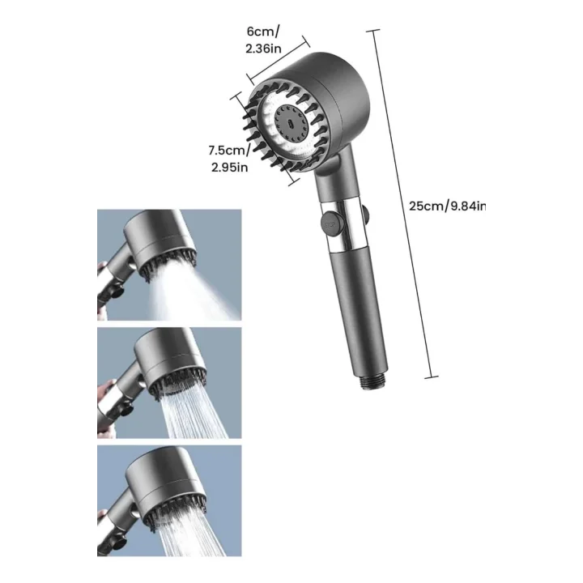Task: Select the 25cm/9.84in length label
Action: click(446, 206)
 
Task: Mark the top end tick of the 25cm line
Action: click(372, 31)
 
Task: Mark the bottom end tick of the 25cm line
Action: click(431, 377)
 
